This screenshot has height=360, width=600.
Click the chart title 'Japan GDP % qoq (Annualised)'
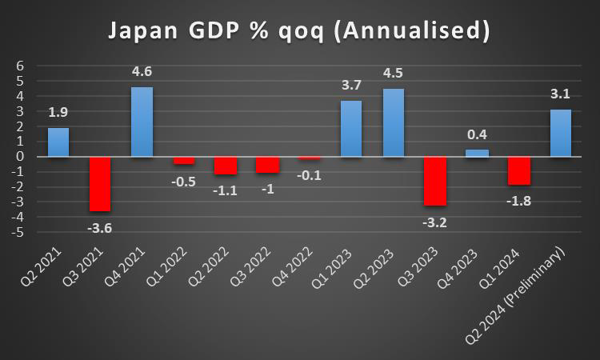[x=298, y=32]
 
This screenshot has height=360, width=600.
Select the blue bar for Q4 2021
[x=142, y=122]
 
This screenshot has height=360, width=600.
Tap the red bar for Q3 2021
[x=100, y=184]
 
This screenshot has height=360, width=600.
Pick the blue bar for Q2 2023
[x=393, y=122]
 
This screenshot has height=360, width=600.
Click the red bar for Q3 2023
[x=435, y=181]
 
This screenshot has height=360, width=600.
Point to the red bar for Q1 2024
[x=519, y=170]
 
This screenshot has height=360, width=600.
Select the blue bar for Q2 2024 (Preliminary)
[x=561, y=133]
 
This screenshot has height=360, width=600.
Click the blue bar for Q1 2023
[x=351, y=128]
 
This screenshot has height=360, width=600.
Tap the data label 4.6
[x=142, y=72]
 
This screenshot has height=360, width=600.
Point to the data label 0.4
[x=477, y=134]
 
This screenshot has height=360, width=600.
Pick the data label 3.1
[x=561, y=94]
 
